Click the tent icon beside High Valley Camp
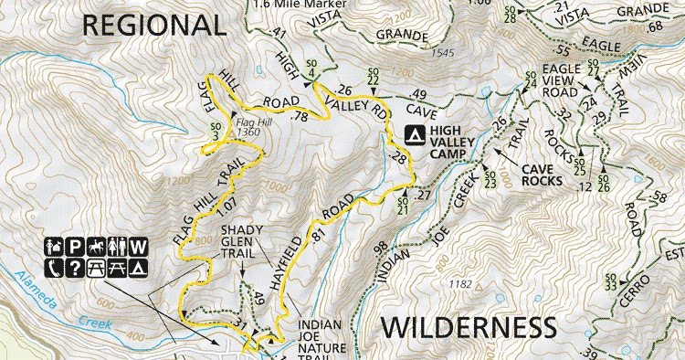413,136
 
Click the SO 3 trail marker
216,132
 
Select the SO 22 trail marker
372,77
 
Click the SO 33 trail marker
611,281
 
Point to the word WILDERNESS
467,326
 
